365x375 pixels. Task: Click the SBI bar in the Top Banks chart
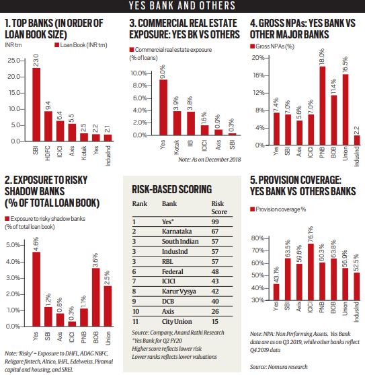click(x=36, y=104)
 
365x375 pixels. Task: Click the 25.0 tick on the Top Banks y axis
click(x=13, y=61)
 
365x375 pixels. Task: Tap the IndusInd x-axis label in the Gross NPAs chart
click(x=357, y=155)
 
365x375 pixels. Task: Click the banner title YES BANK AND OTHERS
click(x=182, y=6)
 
